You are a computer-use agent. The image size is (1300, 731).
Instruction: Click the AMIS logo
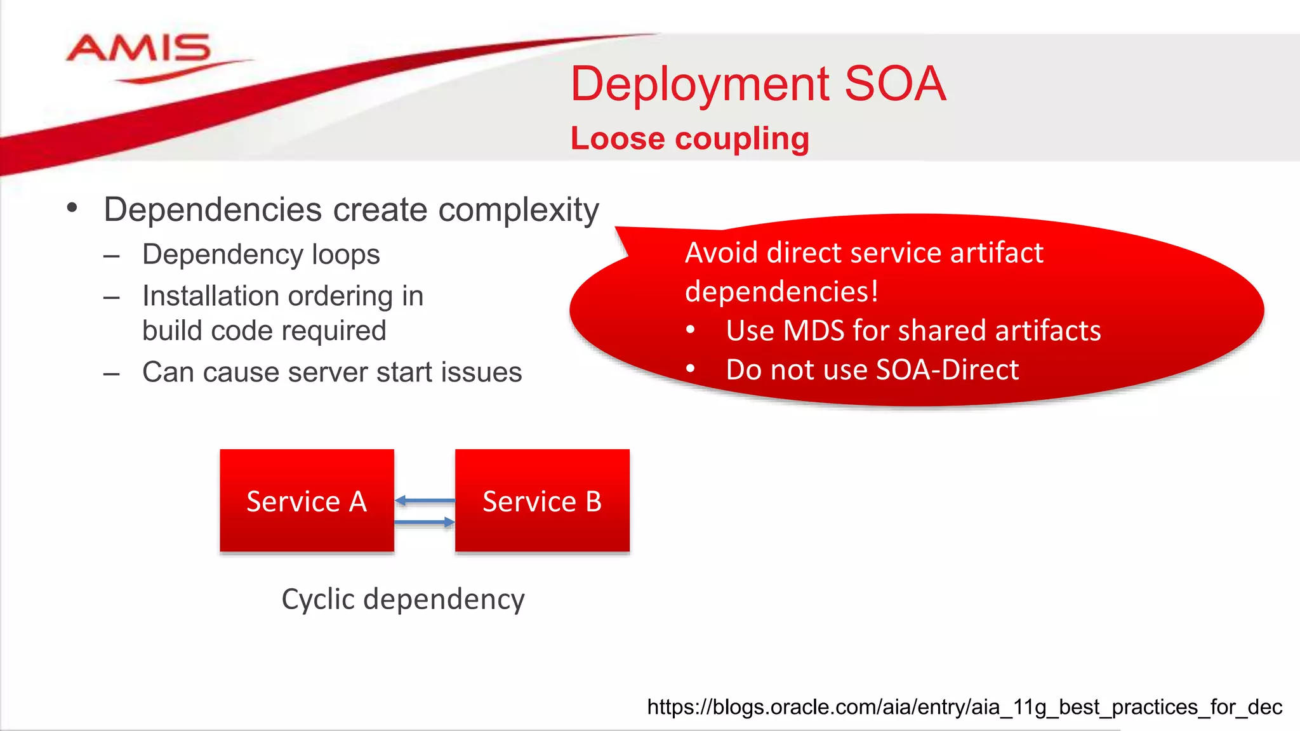[138, 51]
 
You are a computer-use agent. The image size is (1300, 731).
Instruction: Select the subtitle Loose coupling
[689, 138]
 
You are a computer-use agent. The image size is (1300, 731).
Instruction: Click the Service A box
[307, 501]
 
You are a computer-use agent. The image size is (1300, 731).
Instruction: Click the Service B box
[542, 501]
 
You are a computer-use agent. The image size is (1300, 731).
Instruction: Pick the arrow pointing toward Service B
[424, 522]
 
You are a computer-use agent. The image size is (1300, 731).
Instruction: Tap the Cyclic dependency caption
[403, 599]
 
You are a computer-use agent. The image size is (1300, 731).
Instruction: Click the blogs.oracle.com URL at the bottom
[964, 707]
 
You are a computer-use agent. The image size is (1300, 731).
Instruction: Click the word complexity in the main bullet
[518, 210]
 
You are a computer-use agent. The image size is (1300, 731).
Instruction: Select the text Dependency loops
[261, 254]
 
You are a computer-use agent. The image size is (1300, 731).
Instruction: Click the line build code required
[264, 331]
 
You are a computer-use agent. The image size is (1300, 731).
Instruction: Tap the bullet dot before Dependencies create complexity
[72, 207]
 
